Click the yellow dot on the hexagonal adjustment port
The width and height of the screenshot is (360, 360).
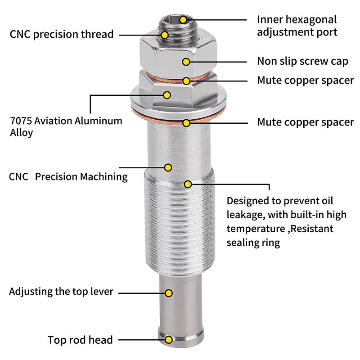coord(183,20)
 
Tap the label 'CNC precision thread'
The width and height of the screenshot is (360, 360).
coord(61,34)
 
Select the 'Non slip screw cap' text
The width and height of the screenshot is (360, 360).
coord(302,61)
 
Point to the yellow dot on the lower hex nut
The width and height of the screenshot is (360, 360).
coord(167,95)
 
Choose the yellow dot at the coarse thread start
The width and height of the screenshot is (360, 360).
coord(188,184)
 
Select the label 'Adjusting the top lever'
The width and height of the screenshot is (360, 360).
coord(61,292)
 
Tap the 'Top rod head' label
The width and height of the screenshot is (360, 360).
coord(80,340)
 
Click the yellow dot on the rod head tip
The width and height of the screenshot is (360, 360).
coord(169,340)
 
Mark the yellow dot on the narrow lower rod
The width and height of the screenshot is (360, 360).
coord(169,293)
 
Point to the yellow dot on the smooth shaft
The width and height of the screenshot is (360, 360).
coord(168,167)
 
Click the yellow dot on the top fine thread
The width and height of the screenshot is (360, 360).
coord(165,35)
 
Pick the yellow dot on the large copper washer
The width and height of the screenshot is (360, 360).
coord(186,122)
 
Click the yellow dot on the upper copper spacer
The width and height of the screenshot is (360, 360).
coord(186,81)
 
